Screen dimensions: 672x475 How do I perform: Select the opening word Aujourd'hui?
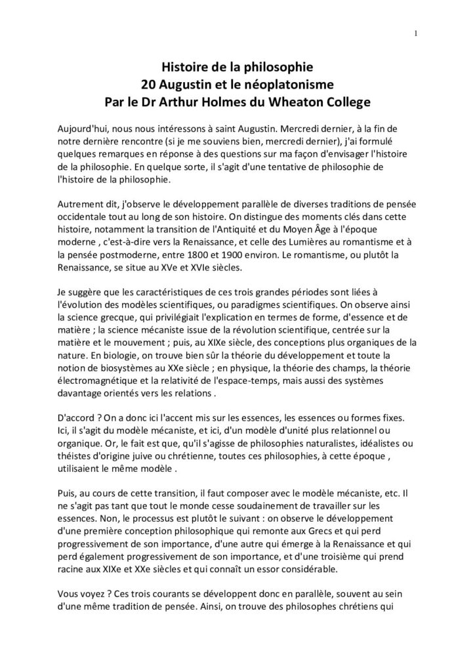click(81, 124)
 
